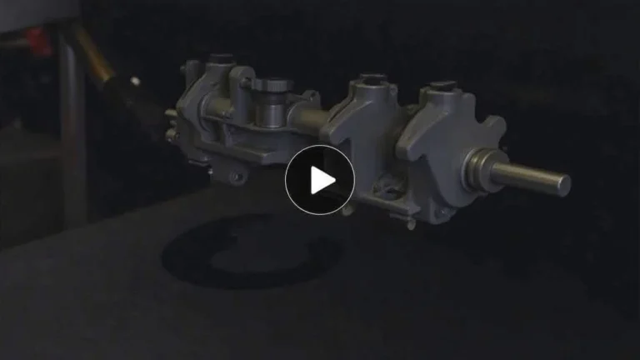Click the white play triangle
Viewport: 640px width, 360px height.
[321, 180]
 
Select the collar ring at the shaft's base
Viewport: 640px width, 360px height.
[481, 169]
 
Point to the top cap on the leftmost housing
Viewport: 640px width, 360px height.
[220, 59]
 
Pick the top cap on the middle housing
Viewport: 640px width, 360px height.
[372, 81]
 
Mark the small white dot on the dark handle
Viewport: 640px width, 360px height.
[135, 81]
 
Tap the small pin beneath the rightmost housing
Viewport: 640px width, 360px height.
[411, 223]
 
